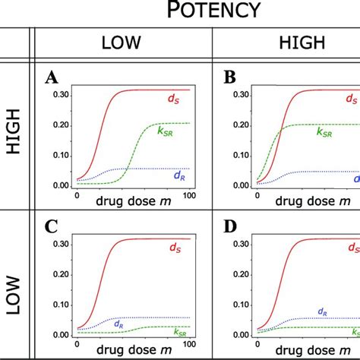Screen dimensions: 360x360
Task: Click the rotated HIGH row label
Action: pos(14,134)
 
